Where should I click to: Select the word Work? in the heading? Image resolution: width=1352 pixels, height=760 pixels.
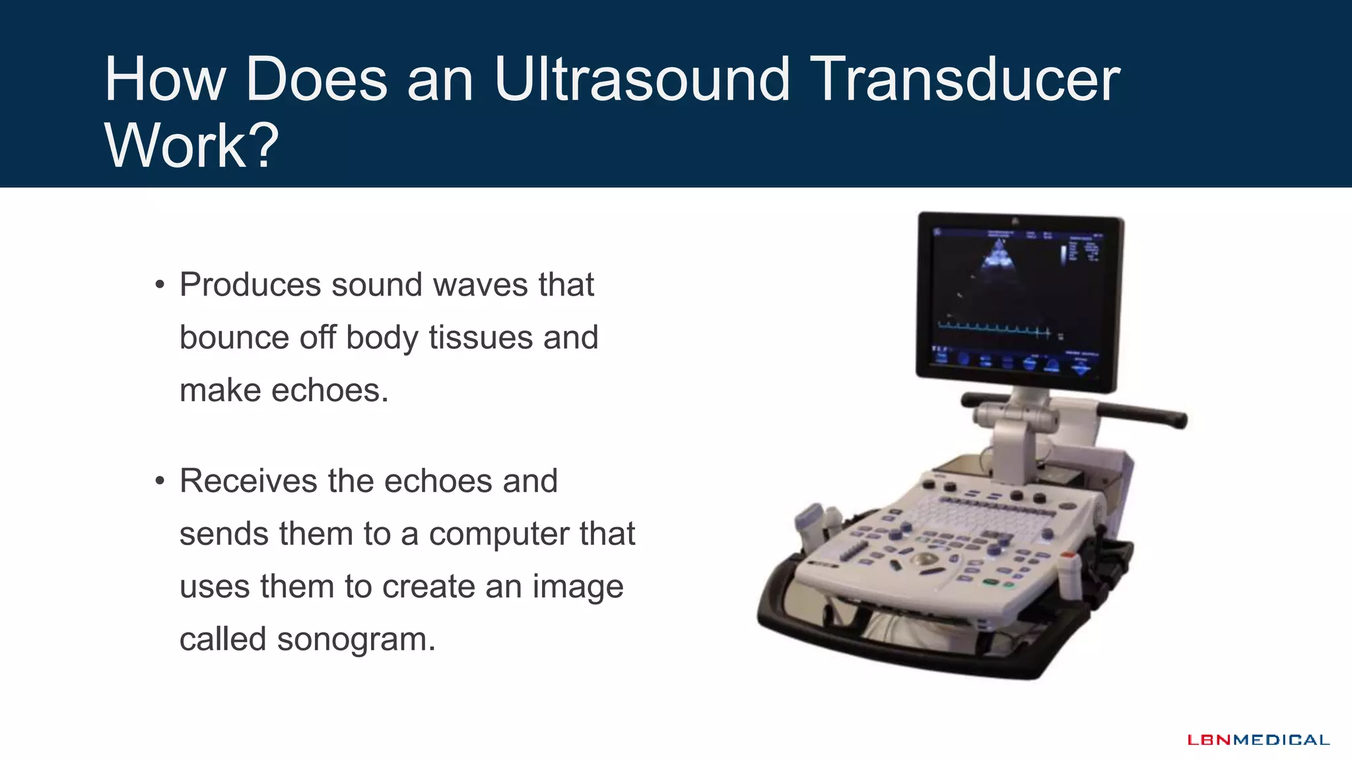click(x=191, y=145)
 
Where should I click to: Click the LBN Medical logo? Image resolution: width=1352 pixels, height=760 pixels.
click(x=1258, y=740)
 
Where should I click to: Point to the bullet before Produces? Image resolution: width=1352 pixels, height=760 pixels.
click(x=159, y=286)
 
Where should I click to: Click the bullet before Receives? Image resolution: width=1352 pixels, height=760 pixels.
click(x=159, y=482)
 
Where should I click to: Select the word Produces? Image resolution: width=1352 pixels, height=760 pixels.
click(x=250, y=285)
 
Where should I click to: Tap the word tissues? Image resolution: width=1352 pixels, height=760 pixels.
click(x=481, y=338)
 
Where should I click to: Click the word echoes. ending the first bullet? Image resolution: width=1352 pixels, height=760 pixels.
click(x=330, y=391)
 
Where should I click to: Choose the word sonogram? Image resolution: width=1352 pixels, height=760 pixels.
click(x=356, y=639)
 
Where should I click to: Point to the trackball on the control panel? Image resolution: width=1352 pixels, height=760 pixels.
click(x=926, y=561)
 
